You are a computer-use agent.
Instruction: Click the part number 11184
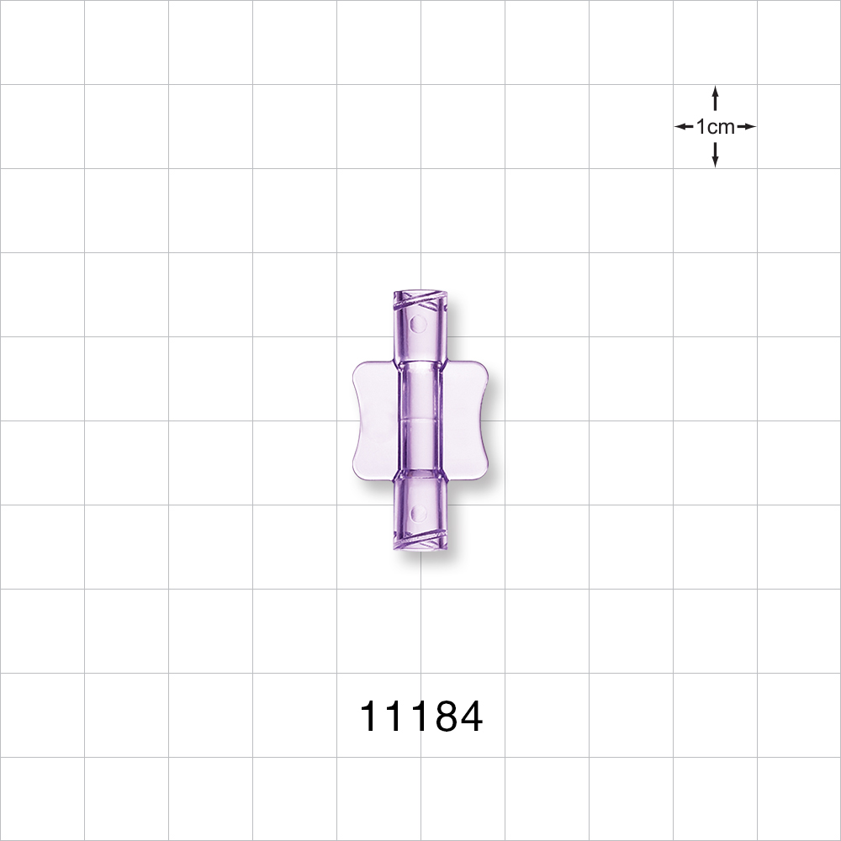420,717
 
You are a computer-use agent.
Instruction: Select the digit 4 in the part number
468,717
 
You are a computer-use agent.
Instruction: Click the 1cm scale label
715,127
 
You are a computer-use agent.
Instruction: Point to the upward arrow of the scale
715,97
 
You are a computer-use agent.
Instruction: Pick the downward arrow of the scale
715,155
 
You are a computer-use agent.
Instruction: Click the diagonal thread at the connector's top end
418,299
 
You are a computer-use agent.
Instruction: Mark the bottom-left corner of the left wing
357,478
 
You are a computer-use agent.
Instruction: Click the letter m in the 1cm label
725,128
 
